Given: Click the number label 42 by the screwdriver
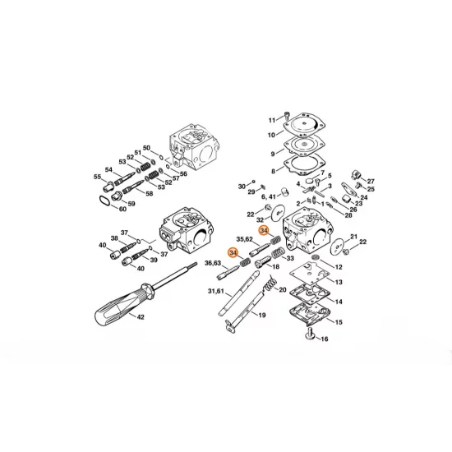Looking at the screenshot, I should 141,316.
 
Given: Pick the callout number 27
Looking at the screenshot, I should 371,180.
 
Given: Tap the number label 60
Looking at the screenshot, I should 122,209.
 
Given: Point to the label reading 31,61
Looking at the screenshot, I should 216,292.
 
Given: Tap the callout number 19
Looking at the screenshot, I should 262,316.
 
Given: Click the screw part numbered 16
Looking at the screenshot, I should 312,334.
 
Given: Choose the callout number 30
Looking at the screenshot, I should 242,187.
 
